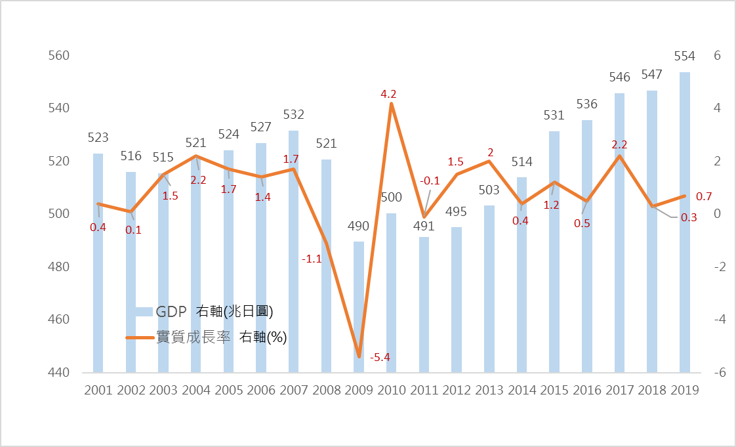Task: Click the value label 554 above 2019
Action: pyautogui.click(x=684, y=57)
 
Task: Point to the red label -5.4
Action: pyautogui.click(x=380, y=358)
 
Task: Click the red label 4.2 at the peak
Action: pyautogui.click(x=389, y=95)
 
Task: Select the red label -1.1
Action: pyautogui.click(x=312, y=259)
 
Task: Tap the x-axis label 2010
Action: pyautogui.click(x=391, y=390)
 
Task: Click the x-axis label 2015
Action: pyautogui.click(x=554, y=390)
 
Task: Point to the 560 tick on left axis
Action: pyautogui.click(x=59, y=56)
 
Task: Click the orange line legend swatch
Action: pyautogui.click(x=140, y=338)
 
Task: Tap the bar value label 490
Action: pyautogui.click(x=358, y=226)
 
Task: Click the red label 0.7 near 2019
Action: pyautogui.click(x=704, y=197)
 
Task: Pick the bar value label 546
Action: pyautogui.click(x=619, y=77)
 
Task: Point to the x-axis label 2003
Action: pyautogui.click(x=163, y=390)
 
